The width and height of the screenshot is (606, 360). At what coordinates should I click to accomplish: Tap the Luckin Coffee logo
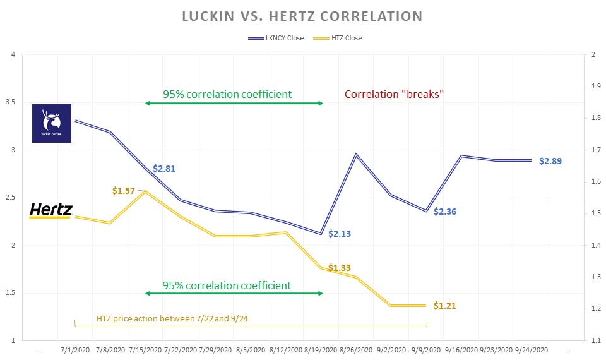pos(52,123)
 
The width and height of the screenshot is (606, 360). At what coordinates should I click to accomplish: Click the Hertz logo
pos(51,210)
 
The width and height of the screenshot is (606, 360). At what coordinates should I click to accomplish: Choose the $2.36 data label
pos(445,212)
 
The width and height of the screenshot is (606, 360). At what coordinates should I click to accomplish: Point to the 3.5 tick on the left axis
pos(11,102)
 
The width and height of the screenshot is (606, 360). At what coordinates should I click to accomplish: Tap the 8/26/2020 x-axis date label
pos(355,349)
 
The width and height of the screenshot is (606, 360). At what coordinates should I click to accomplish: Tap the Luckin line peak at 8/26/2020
pos(356,154)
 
